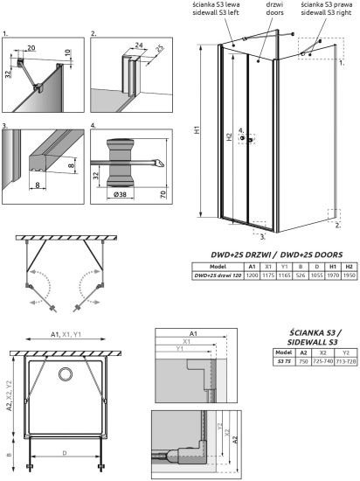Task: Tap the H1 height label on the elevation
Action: [x=197, y=129]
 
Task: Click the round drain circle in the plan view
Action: [x=66, y=375]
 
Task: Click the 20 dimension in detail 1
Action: [x=32, y=50]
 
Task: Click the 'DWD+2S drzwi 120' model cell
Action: [x=216, y=275]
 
